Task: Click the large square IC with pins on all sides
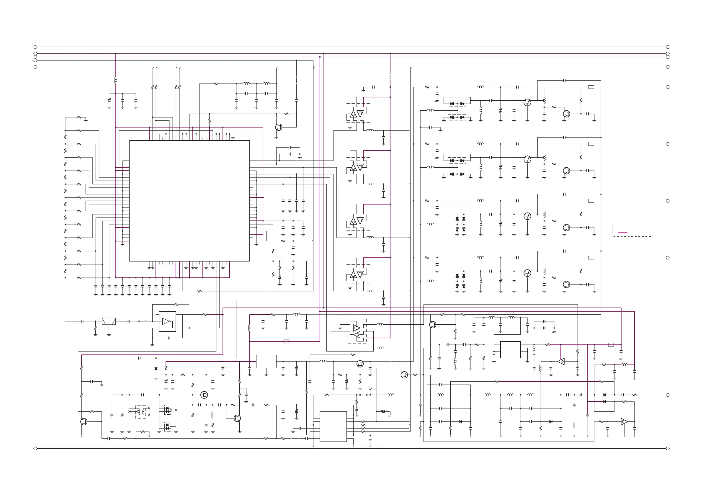[x=189, y=201]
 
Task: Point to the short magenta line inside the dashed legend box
[x=622, y=232]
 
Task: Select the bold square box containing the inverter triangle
[x=167, y=321]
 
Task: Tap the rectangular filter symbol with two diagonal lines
[x=109, y=321]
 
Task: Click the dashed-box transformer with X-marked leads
[x=141, y=412]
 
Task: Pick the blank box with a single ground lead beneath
[x=266, y=361]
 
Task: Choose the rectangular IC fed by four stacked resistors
[x=333, y=426]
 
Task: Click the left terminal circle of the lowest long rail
[x=35, y=448]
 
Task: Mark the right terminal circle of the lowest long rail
[x=668, y=448]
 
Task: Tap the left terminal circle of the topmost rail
[x=35, y=47]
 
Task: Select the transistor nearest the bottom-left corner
[x=84, y=422]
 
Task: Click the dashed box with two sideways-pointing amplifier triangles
[x=357, y=331]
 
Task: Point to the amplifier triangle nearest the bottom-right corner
[x=624, y=422]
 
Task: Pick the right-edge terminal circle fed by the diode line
[x=668, y=395]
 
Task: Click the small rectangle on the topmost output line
[x=591, y=87]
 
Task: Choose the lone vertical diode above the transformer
[x=156, y=368]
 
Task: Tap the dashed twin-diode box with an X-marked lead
[x=168, y=409]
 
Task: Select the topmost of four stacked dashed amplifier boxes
[x=357, y=113]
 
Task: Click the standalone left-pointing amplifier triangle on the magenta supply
[x=561, y=361]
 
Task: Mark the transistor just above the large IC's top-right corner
[x=279, y=127]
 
